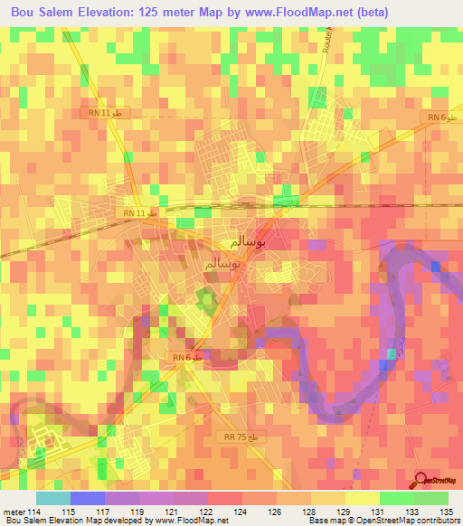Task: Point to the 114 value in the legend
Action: pyautogui.click(x=35, y=512)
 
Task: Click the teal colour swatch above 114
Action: pyautogui.click(x=52, y=498)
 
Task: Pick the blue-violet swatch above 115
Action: pyautogui.click(x=87, y=498)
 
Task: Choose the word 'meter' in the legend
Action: pyautogui.click(x=13, y=512)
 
